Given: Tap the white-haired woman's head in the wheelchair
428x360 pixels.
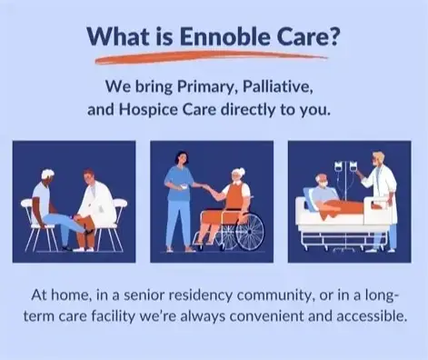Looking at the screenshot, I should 237,175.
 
